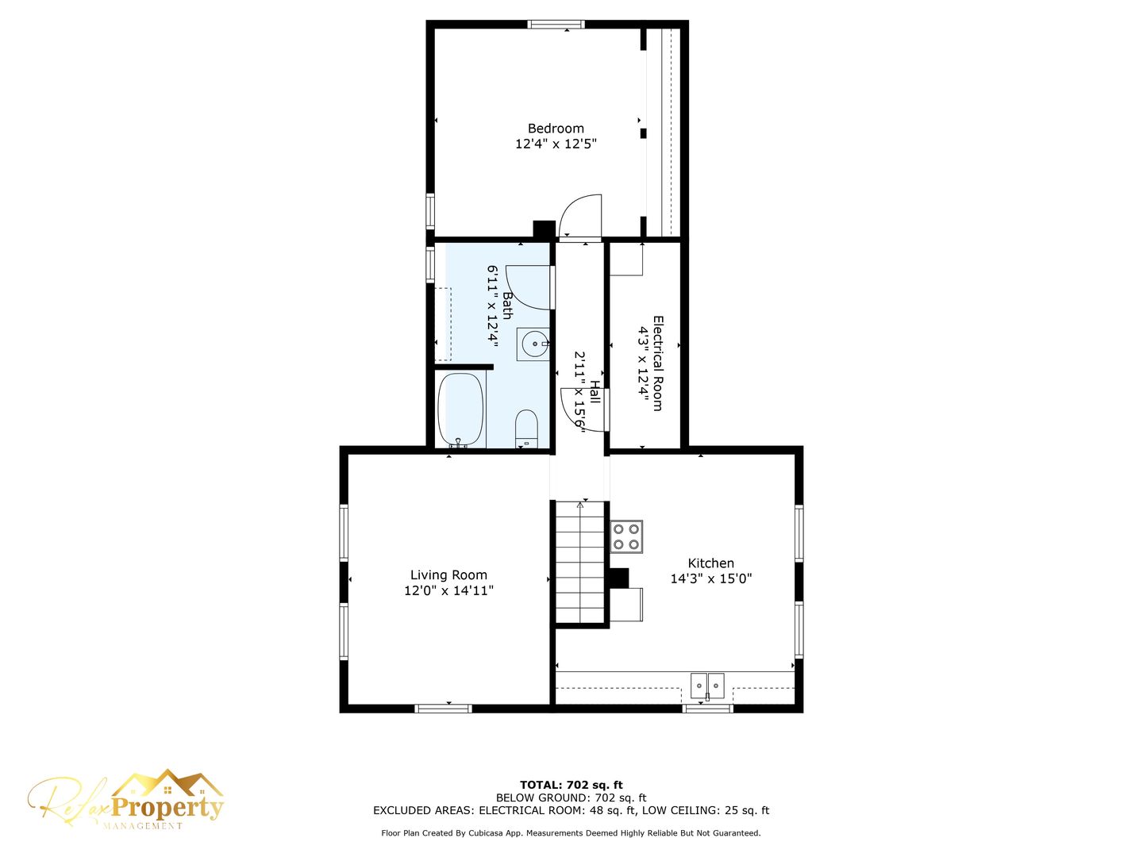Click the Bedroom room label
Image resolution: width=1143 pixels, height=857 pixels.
[556, 129]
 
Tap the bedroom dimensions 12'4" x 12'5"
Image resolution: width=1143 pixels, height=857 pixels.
[556, 144]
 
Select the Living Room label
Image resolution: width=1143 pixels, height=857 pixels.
[448, 575]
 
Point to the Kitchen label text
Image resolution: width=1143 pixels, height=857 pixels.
[710, 563]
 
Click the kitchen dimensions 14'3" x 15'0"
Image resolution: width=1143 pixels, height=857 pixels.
[710, 578]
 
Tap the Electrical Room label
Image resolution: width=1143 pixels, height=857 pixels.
[658, 363]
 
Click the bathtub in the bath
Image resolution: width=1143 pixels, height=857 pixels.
[461, 409]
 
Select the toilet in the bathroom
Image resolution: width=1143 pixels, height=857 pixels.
[526, 428]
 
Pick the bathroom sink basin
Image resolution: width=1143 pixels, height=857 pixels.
[533, 344]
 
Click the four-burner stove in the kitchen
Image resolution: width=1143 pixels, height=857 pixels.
[626, 536]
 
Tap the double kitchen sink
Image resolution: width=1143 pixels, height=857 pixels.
[707, 686]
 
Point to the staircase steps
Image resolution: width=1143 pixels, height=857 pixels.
[580, 562]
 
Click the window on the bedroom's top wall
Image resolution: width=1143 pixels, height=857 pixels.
[556, 25]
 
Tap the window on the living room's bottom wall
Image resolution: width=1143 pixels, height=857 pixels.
[443, 709]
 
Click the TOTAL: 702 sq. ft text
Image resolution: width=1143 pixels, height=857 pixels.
[571, 786]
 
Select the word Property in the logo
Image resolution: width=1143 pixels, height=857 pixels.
[167, 808]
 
